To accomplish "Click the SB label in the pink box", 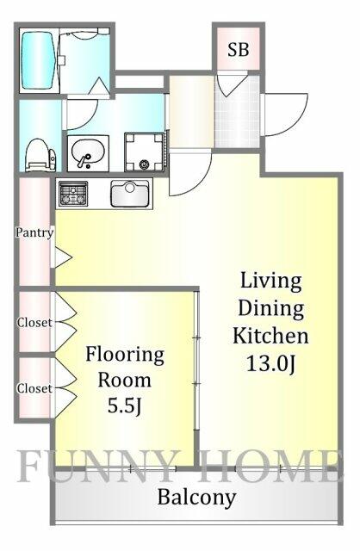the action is tap(238, 50).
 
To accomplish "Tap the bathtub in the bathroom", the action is tap(38, 60).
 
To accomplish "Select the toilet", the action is tap(40, 155).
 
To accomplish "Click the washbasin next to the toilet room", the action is tap(88, 153).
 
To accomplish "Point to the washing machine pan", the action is tap(144, 152).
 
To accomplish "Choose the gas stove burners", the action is tap(73, 193).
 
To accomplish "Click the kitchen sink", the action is tap(130, 194).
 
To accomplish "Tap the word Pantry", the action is tap(34, 232).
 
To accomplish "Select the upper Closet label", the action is tap(34, 322).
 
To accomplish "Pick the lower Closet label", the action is tap(34, 388).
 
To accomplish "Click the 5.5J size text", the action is tap(125, 406).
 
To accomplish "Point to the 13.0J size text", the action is tap(270, 363).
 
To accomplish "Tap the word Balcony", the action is tap(196, 498).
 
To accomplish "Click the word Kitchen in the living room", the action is tap(270, 335).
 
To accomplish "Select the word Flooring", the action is tap(125, 356).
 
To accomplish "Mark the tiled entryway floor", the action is tap(238, 112).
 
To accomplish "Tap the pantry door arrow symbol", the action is tap(63, 257).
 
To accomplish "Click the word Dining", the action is tap(270, 309).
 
